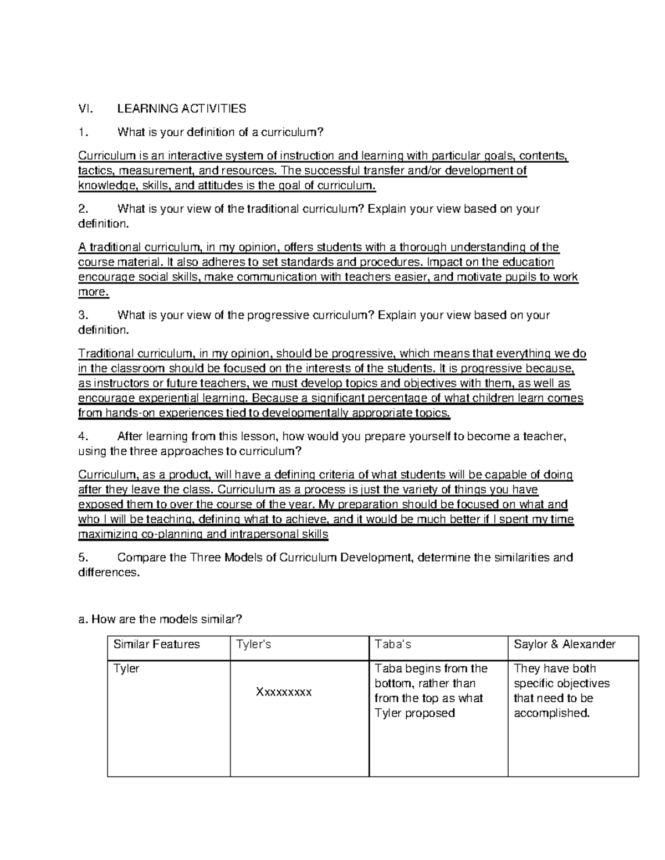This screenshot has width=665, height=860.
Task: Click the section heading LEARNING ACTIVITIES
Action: click(181, 109)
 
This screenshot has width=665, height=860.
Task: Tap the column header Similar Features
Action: click(156, 644)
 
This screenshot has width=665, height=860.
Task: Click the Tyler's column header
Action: click(253, 644)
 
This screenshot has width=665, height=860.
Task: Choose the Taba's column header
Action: click(392, 644)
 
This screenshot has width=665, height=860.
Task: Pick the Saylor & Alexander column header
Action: click(564, 644)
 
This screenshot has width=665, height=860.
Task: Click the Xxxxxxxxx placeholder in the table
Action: click(284, 692)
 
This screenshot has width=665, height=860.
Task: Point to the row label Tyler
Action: click(126, 668)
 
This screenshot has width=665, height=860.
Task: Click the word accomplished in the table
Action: click(551, 713)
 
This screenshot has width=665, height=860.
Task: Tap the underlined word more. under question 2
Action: click(94, 292)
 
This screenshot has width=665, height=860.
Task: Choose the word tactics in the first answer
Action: click(94, 171)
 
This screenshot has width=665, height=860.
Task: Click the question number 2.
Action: click(83, 209)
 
